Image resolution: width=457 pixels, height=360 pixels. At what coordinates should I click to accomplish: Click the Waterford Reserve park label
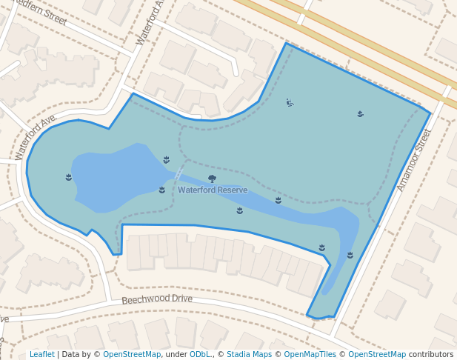(x=213, y=190)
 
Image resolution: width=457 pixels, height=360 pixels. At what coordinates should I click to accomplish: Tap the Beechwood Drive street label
(x=156, y=299)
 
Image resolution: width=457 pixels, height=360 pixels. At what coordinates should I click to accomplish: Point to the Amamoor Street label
(x=413, y=160)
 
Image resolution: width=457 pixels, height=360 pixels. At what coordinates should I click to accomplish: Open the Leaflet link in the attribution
(x=41, y=355)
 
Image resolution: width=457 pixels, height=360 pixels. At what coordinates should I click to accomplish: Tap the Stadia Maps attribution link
(x=249, y=355)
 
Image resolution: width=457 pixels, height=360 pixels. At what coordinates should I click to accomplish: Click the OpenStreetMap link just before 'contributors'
(x=377, y=355)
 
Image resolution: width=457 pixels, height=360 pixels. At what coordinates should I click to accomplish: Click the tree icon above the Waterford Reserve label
(x=213, y=179)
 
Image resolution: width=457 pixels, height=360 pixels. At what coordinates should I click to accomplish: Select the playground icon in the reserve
(x=290, y=102)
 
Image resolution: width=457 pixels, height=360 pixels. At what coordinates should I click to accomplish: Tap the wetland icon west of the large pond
(x=68, y=177)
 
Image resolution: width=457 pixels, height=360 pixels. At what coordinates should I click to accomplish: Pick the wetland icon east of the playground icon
(x=360, y=113)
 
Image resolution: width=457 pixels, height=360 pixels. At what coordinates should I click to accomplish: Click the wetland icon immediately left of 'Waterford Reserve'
(x=161, y=190)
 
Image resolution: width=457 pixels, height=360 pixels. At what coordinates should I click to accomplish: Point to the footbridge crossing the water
(x=180, y=171)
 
